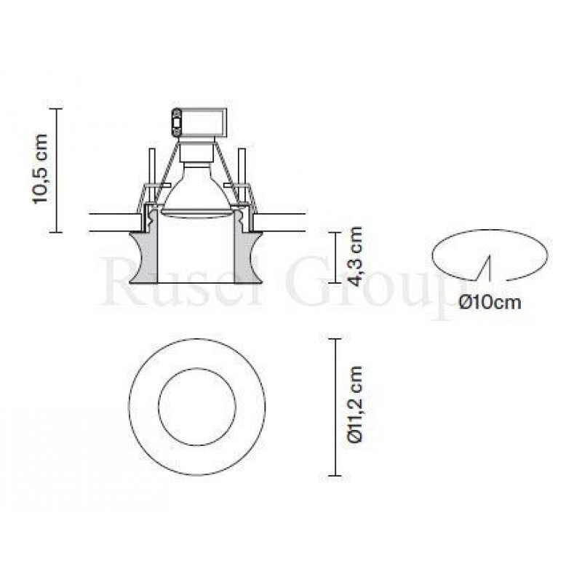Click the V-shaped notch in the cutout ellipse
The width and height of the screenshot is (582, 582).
485,268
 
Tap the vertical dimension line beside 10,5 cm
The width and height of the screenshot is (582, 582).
57,170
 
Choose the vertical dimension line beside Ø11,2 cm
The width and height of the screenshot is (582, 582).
335,407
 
